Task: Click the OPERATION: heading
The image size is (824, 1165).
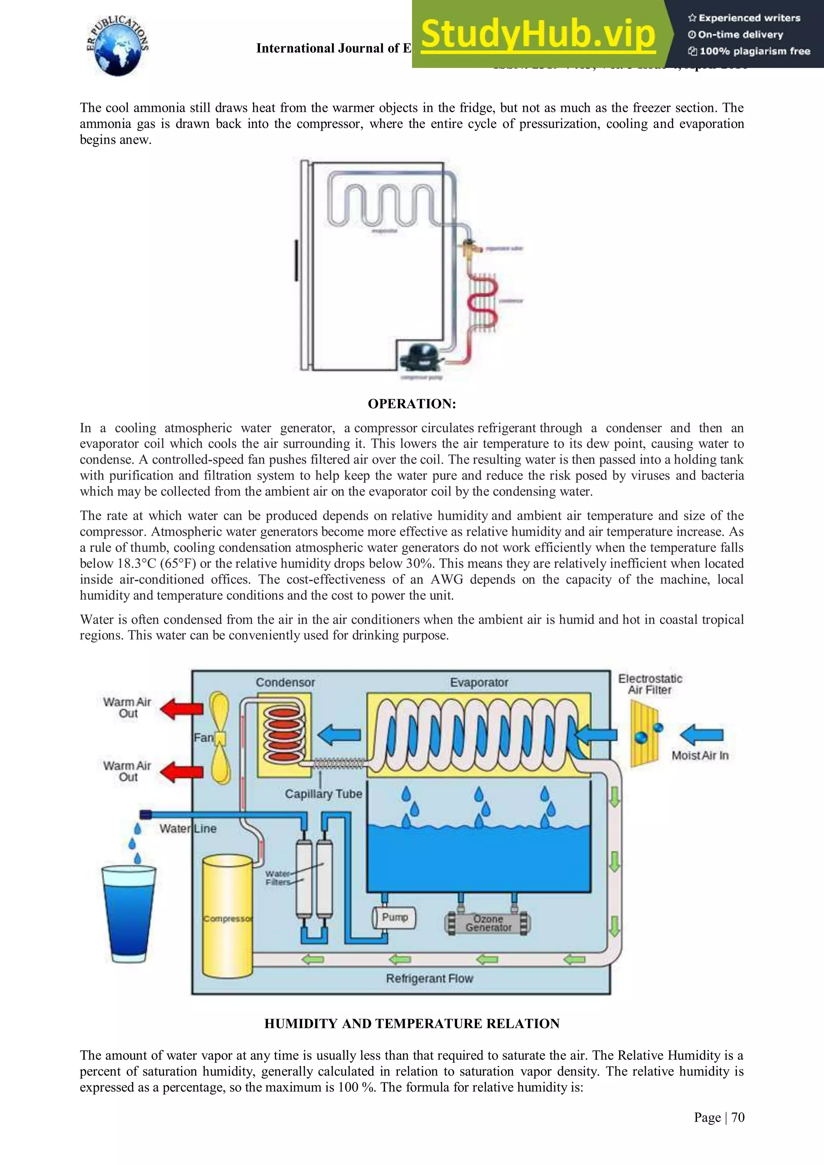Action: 412,404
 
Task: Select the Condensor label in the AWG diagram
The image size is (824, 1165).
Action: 285,682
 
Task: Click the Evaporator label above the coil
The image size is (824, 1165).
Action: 479,682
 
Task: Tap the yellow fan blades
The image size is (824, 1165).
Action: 220,737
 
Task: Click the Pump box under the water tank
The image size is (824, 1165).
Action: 394,917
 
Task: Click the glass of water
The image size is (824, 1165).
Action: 128,913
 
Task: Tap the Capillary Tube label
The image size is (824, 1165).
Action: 323,794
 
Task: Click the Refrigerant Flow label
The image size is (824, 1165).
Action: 429,978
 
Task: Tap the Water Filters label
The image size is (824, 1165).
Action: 278,878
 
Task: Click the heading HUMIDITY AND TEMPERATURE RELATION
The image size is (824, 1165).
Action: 412,1023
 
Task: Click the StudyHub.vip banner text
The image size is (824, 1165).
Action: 538,35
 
